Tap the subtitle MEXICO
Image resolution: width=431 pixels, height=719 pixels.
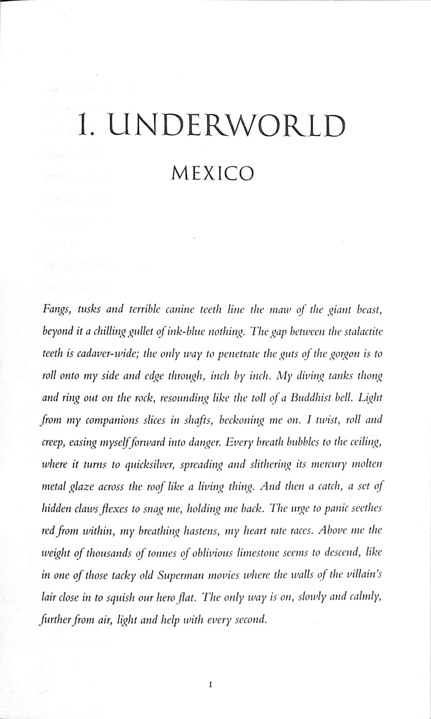pyautogui.click(x=212, y=173)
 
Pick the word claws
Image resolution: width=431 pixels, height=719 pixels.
pyautogui.click(x=86, y=508)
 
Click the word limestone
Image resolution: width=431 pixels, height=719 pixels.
pyautogui.click(x=257, y=552)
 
